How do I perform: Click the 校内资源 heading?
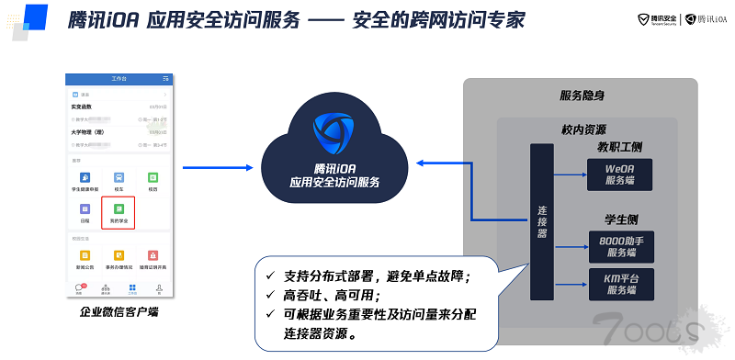point(582,129)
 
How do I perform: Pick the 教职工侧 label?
point(622,146)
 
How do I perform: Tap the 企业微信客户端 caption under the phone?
point(119,313)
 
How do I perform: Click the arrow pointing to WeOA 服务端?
point(573,173)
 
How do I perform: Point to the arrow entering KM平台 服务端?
point(573,283)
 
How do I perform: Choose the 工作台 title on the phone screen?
point(119,79)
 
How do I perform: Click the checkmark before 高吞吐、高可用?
point(268,295)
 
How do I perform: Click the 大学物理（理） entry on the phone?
point(92,131)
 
